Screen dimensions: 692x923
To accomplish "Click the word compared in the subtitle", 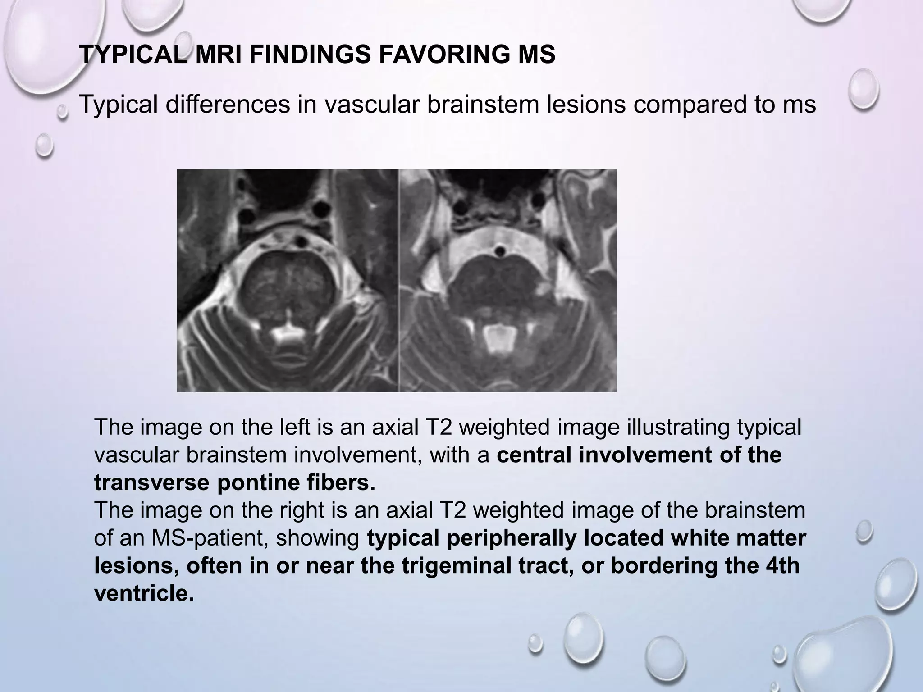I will pos(695,105).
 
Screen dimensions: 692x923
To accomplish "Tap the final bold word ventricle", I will pos(144,593).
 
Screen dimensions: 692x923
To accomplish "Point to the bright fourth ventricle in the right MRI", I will pos(499,337).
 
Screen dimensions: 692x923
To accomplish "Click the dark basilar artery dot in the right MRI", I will pos(499,250).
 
